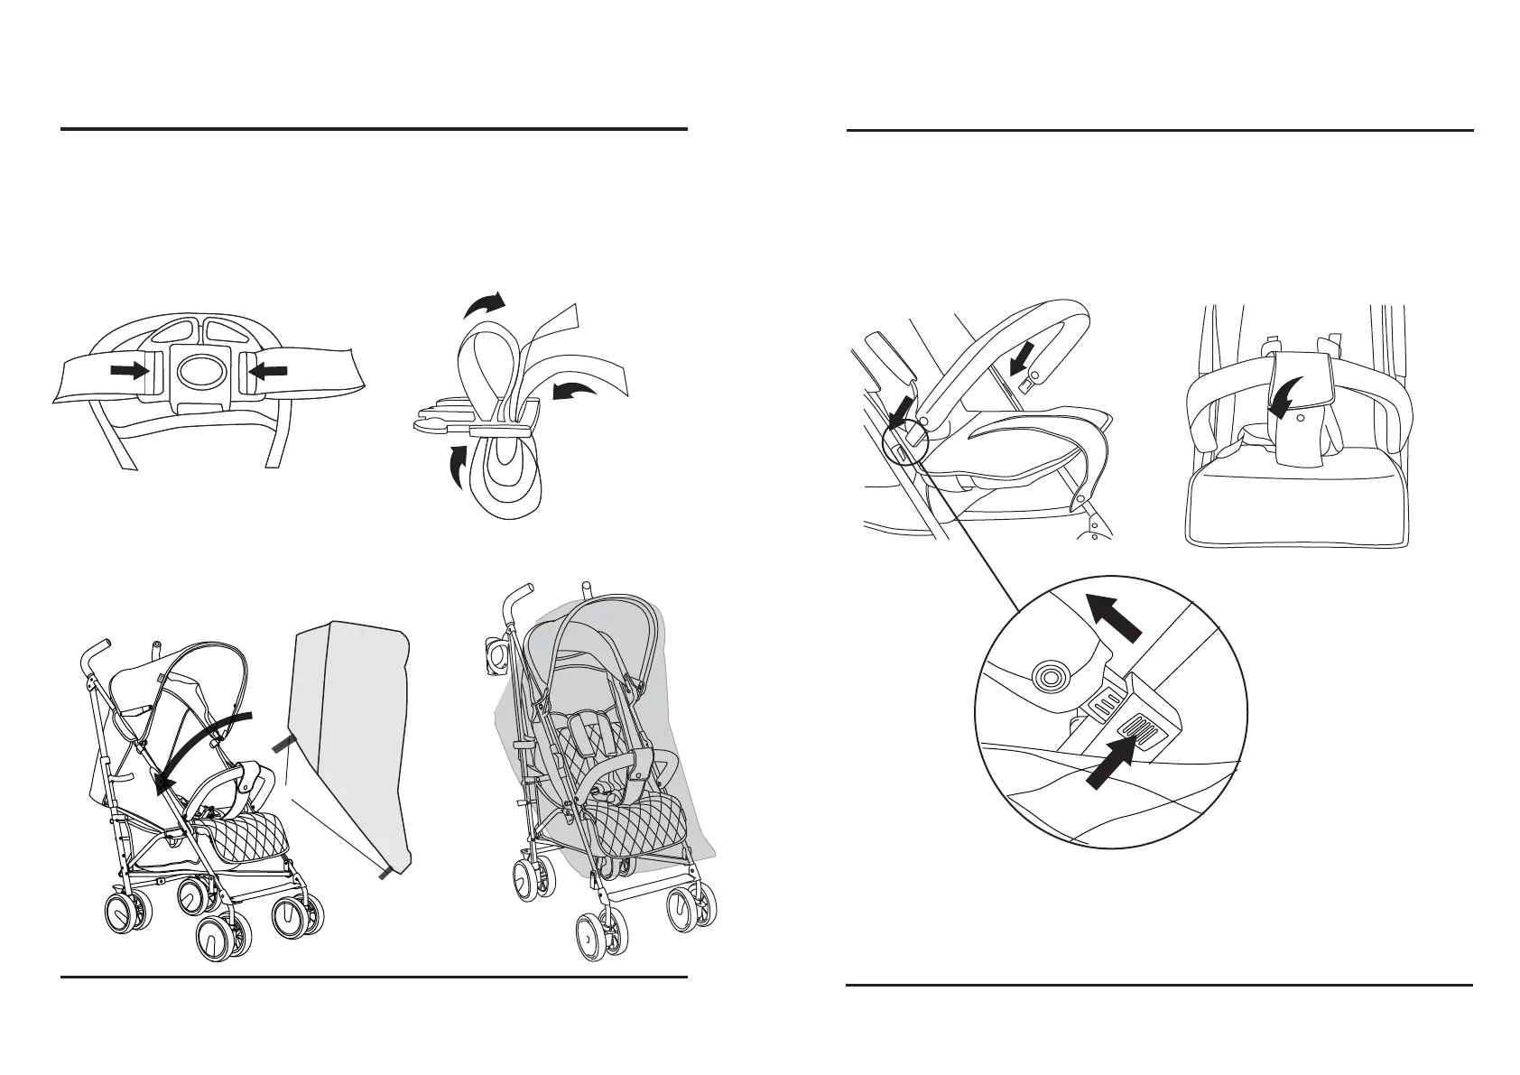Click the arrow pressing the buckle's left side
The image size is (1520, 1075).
click(129, 369)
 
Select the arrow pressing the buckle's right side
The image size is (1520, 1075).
click(266, 369)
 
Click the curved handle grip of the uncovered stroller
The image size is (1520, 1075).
click(95, 653)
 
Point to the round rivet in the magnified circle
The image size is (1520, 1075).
click(1050, 675)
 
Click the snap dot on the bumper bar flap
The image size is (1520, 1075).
click(1299, 419)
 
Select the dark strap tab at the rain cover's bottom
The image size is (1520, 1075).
click(388, 871)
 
